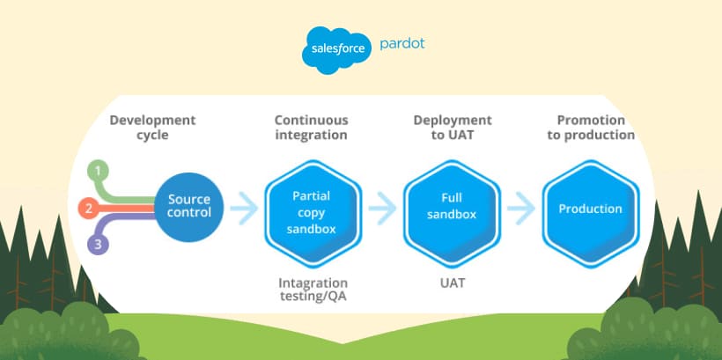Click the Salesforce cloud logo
(x=337, y=49)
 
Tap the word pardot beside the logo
(x=402, y=44)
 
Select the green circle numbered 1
(x=98, y=172)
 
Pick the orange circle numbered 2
(x=89, y=209)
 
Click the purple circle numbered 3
(x=98, y=245)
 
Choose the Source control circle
(x=188, y=207)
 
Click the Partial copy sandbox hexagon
(x=313, y=213)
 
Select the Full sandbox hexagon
(x=452, y=213)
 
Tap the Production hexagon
(x=590, y=213)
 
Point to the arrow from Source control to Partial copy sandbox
(x=244, y=208)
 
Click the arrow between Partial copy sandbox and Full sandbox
(x=383, y=208)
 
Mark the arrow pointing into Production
(x=521, y=208)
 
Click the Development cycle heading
(x=152, y=128)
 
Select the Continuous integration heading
(x=312, y=128)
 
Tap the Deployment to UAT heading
(x=453, y=128)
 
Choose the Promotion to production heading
(x=591, y=128)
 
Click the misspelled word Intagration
(x=313, y=283)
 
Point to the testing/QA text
(x=313, y=297)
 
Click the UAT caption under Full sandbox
(x=453, y=283)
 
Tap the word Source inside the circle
(x=188, y=199)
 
